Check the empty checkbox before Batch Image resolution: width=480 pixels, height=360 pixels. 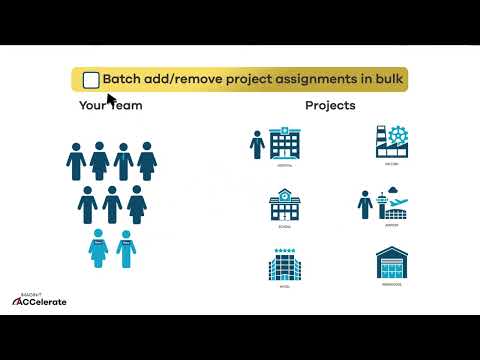pos(91,80)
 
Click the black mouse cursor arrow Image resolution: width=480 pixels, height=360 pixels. pos(111,100)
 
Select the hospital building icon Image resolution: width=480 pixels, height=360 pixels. pos(285,144)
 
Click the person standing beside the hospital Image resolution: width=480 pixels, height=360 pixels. pos(257,144)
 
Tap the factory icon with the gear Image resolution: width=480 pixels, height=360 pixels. pos(392,143)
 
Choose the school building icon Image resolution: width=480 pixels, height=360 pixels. pos(284,205)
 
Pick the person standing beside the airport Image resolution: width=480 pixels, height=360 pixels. pos(365,205)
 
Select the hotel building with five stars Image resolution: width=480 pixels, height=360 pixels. pos(284,264)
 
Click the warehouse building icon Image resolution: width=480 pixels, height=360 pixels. pos(392,264)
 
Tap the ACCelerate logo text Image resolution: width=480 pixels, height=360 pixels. pos(44,301)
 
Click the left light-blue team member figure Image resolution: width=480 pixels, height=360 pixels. pos(98,248)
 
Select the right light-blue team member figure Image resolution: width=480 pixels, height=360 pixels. pos(126,248)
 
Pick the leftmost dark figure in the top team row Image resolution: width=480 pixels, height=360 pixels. pos(76,160)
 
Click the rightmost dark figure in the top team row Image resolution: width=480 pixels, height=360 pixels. pos(148,160)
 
